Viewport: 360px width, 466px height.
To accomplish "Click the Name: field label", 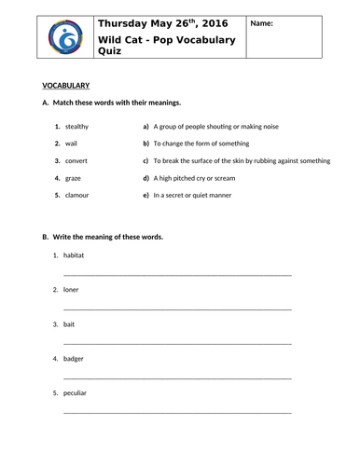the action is (x=264, y=24).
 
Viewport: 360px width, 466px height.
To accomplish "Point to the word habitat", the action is (x=74, y=254).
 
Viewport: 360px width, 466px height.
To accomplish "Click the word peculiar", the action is (x=76, y=392).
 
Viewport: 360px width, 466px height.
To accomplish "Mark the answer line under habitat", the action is (x=177, y=275).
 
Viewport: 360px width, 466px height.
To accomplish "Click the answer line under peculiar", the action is (x=177, y=412).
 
